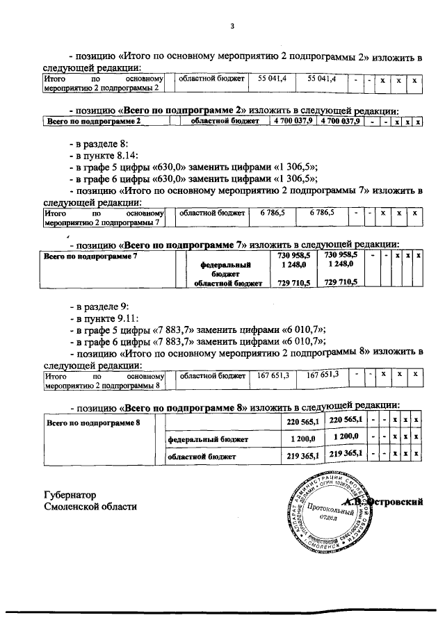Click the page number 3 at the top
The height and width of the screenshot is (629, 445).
pos(234,26)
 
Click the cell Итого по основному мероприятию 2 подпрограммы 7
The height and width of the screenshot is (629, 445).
pos(104,218)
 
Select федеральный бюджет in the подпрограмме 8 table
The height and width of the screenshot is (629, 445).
pos(202,439)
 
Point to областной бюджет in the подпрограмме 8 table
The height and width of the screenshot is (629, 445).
pos(202,457)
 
